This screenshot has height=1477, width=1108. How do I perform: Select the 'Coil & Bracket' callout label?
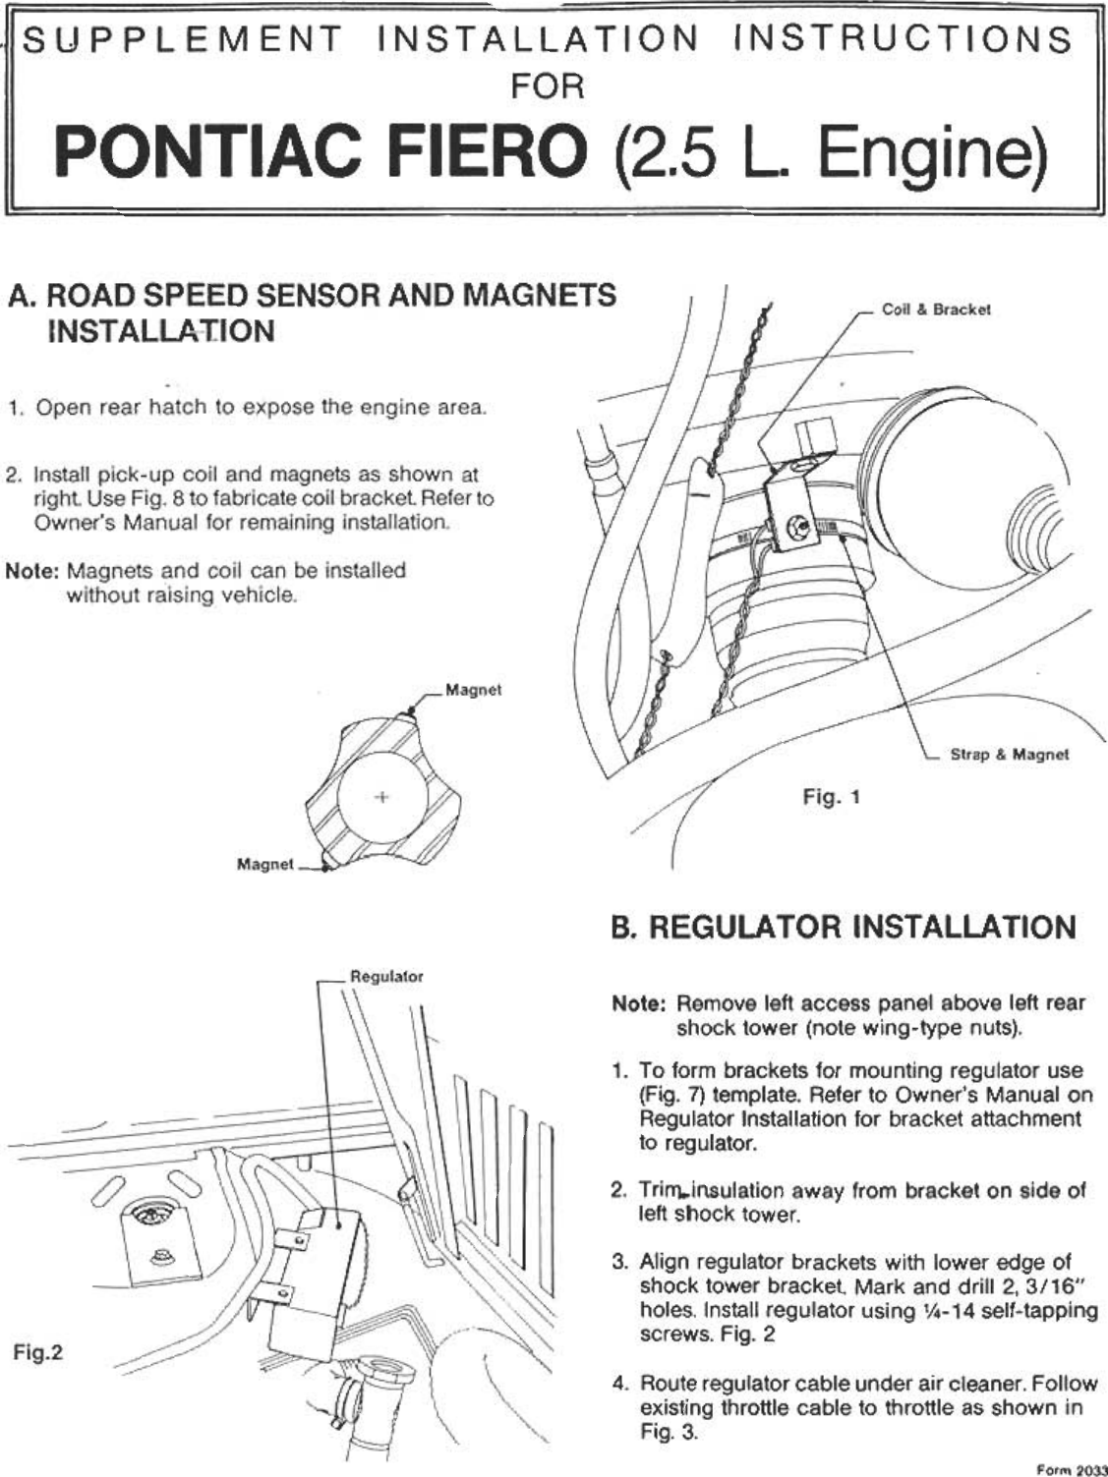coord(935,310)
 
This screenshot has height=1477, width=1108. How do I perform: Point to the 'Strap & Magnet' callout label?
coord(1008,755)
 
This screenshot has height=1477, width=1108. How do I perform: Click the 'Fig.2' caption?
coord(38,1352)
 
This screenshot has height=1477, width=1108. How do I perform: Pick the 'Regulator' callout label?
coord(386,977)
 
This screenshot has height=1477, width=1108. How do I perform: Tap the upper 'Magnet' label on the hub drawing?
coord(473,690)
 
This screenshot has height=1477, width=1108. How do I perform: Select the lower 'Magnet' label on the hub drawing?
coord(265,864)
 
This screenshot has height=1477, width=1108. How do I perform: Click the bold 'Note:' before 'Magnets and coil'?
coord(33,571)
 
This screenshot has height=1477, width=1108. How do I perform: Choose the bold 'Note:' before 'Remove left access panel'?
coord(640,1004)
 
